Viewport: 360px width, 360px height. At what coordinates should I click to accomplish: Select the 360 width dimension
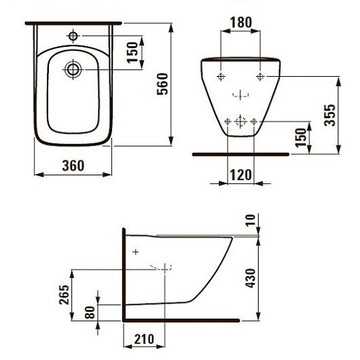[x=73, y=166]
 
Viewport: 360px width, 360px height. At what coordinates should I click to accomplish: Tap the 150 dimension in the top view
[x=133, y=49]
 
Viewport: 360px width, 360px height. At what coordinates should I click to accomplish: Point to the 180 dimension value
[x=240, y=22]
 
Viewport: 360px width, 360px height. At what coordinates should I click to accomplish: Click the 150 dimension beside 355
[x=301, y=137]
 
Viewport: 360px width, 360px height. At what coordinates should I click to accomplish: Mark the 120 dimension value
[x=240, y=174]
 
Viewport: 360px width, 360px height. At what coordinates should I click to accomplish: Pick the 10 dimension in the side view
[x=252, y=219]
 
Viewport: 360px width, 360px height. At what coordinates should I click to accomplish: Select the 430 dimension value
[x=251, y=277]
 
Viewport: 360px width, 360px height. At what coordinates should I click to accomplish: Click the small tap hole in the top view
[x=73, y=35]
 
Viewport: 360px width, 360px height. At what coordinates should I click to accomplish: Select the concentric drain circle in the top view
[x=73, y=68]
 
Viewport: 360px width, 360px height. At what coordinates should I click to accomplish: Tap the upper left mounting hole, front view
[x=221, y=77]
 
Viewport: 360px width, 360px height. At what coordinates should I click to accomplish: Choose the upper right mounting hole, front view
[x=259, y=77]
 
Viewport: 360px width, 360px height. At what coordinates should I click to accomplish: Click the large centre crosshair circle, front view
[x=240, y=122]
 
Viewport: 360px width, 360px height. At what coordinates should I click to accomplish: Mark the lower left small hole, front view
[x=227, y=122]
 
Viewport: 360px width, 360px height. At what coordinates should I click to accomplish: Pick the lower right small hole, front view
[x=253, y=122]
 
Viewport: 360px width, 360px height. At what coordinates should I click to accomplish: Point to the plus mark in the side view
[x=135, y=252]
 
